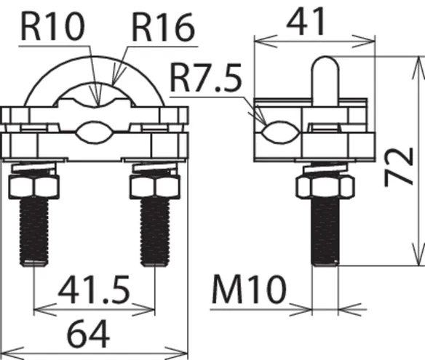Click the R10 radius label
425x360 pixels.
pos(52,26)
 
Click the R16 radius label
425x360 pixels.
pos(163,28)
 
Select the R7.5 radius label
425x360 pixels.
pos(205,78)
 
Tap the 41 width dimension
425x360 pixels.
pos(306,22)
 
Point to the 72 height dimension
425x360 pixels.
pos(400,167)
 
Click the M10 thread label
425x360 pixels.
pos(249,289)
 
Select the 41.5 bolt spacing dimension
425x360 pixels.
pos(94,289)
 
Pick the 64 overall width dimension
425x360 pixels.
pos(88,333)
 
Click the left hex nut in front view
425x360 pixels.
pos(34,187)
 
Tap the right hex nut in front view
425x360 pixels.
pos(155,187)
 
